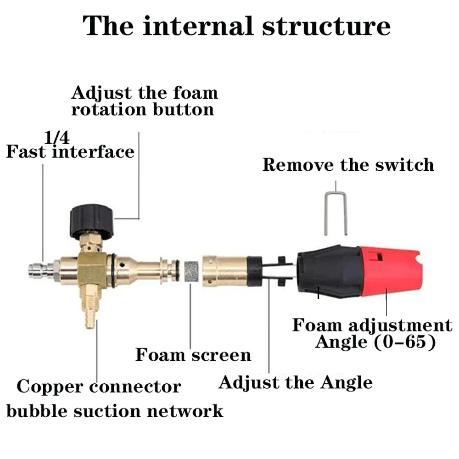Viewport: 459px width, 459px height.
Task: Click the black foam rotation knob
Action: pos(91,220)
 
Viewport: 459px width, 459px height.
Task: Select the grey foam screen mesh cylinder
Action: pos(191,271)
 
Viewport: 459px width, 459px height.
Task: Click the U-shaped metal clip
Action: pos(336,213)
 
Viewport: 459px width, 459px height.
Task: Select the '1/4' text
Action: pos(57,137)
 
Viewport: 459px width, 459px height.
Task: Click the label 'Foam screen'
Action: pos(193,355)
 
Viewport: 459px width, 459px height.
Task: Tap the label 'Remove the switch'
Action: pos(348,164)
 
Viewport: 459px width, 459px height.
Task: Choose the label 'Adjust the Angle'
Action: pos(295,383)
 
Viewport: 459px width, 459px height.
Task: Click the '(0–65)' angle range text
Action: pos(405,341)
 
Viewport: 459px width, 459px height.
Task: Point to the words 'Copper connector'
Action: pos(99,387)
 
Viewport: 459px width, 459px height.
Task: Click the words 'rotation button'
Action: pos(143,110)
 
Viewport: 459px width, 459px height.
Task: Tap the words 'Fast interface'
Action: pos(70,151)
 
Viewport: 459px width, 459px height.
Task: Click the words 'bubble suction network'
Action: pos(115,411)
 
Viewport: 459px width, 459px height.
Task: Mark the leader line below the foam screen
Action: pos(190,316)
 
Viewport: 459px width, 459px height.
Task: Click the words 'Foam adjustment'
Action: pos(372,325)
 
